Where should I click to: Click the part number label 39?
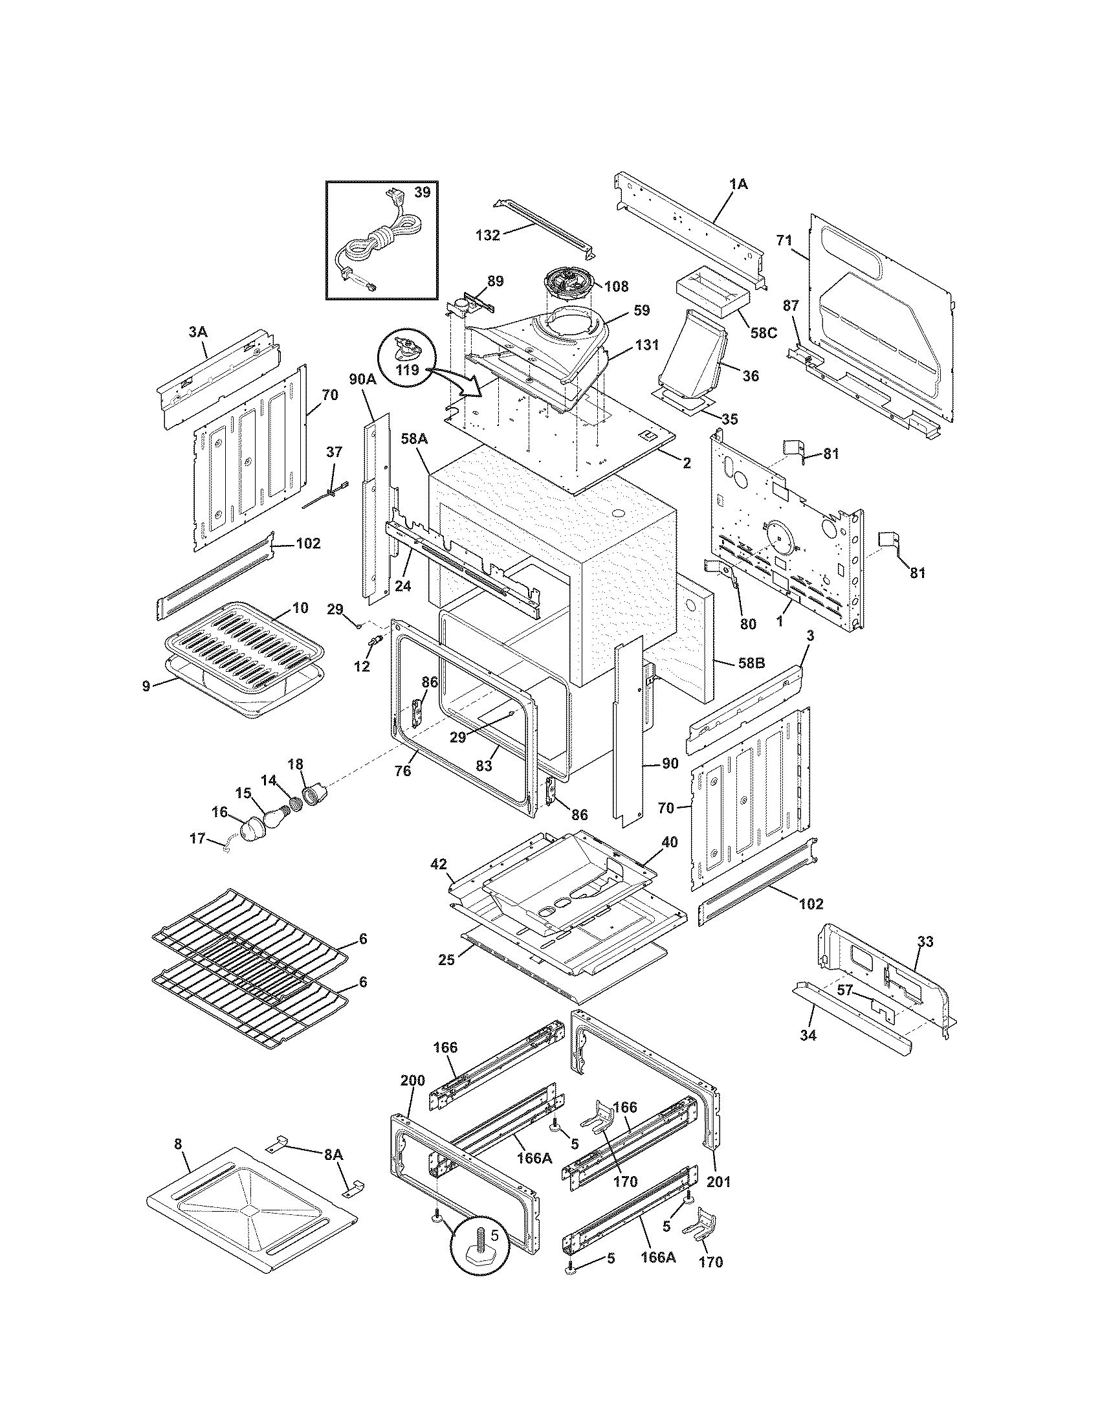tap(422, 192)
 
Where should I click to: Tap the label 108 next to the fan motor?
tap(616, 285)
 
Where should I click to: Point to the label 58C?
tap(763, 333)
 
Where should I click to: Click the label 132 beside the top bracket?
tap(487, 236)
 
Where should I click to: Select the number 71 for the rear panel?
tap(784, 241)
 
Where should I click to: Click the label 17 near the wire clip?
tap(197, 838)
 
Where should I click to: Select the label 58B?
tap(751, 663)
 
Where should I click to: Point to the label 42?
tap(439, 864)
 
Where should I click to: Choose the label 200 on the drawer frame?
tap(412, 1080)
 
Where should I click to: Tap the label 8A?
tap(333, 1154)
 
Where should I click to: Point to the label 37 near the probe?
tap(333, 452)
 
